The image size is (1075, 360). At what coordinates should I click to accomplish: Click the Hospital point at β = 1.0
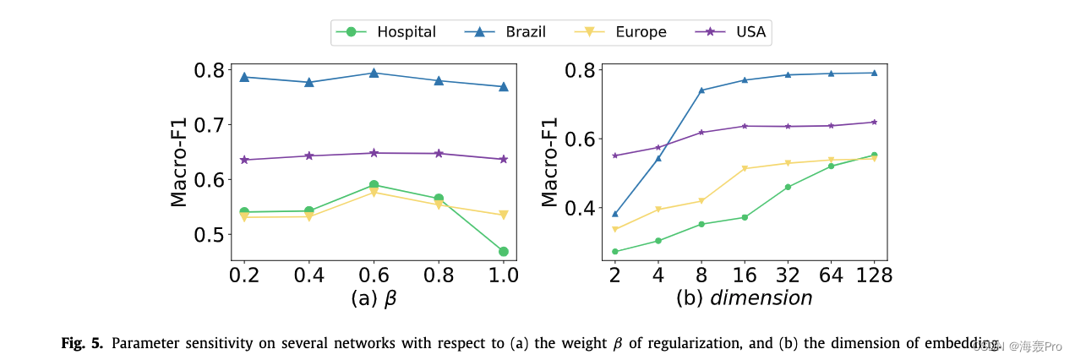(x=504, y=251)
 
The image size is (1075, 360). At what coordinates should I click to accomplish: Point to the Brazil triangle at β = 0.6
(x=374, y=73)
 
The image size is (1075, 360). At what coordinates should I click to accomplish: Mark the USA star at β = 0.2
(x=244, y=160)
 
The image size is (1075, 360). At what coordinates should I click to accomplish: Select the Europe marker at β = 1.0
(x=504, y=215)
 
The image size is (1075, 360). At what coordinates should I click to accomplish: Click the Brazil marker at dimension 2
(x=615, y=214)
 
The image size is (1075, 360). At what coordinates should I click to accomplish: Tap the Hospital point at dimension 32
(x=788, y=187)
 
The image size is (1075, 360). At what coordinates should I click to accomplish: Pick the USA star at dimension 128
(x=874, y=122)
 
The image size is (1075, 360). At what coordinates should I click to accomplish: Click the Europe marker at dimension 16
(x=745, y=168)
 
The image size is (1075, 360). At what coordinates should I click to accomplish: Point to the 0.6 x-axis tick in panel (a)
(x=374, y=275)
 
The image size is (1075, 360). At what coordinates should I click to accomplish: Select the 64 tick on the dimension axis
(x=831, y=275)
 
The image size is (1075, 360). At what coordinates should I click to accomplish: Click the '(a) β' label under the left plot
(x=374, y=298)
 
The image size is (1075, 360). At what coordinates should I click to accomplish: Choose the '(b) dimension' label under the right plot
(x=744, y=298)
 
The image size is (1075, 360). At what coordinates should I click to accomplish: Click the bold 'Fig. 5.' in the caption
(x=83, y=343)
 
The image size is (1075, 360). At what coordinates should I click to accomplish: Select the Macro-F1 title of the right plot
(x=550, y=162)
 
